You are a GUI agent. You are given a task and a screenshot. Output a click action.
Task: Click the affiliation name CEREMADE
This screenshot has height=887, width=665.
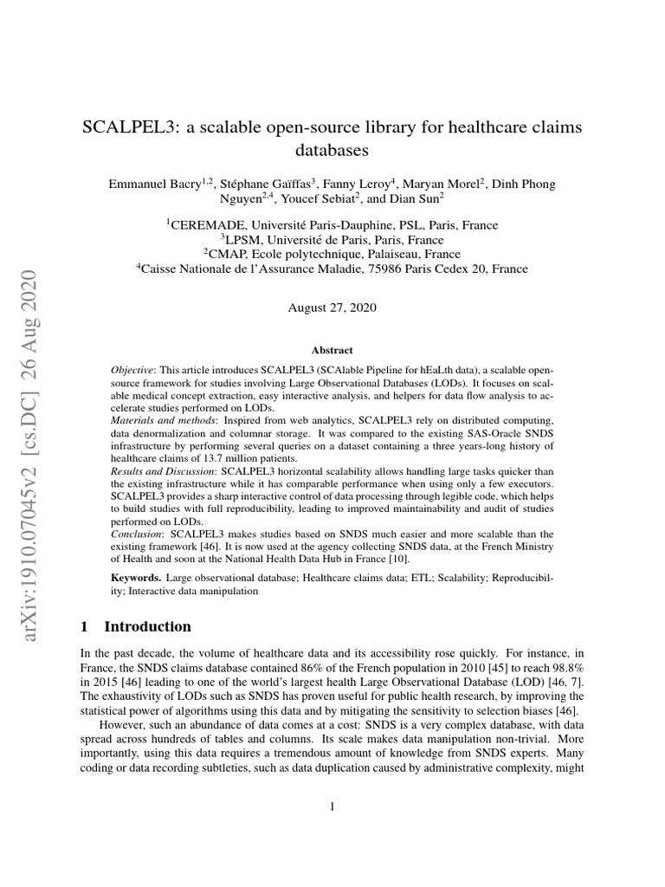pos(208,224)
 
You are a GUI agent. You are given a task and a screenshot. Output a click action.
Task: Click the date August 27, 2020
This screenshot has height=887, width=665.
pos(332,308)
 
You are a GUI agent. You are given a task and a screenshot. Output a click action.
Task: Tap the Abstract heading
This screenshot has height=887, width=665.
pos(332,350)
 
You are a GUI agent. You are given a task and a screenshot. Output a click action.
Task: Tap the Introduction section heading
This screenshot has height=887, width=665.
pos(147,626)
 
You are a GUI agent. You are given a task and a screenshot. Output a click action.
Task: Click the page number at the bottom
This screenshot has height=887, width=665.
pos(332,807)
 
